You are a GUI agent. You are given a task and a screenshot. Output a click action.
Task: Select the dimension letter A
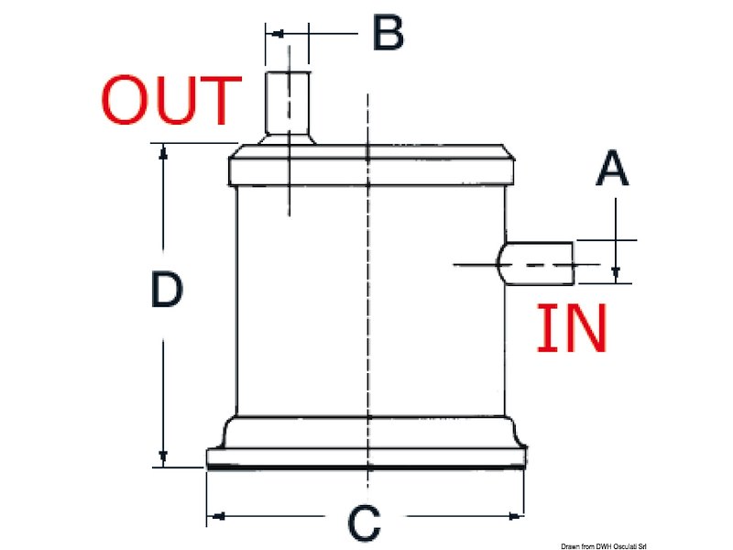(x=612, y=170)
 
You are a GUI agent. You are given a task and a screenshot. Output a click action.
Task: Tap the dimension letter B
(x=388, y=34)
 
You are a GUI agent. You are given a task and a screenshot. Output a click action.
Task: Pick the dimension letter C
(x=364, y=524)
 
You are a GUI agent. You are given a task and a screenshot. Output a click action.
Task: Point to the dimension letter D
(x=168, y=291)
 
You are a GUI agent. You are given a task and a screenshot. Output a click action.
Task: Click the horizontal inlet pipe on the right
(x=539, y=261)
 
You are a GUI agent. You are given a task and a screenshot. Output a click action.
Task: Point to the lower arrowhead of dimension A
(x=616, y=274)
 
